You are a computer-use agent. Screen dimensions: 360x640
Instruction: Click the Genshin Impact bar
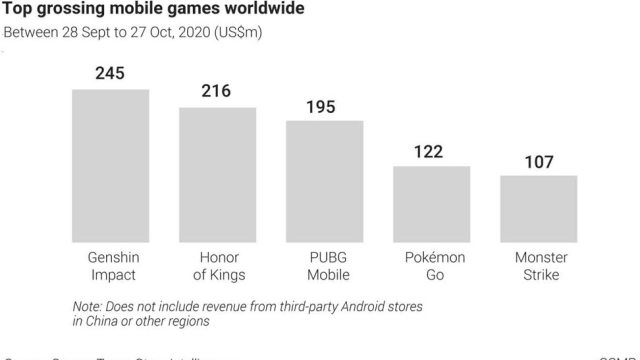[110, 166]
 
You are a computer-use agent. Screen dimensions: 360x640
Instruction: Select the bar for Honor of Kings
[217, 175]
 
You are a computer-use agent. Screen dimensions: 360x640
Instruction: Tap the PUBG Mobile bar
[324, 181]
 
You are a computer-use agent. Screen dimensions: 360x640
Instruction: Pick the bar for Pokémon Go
[431, 204]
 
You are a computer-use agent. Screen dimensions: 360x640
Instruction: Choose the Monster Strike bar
[538, 209]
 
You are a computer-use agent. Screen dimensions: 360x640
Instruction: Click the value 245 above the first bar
[110, 73]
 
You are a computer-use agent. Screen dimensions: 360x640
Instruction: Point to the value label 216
[216, 91]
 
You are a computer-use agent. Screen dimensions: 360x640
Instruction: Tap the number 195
[320, 106]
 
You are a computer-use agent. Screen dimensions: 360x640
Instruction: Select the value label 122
[428, 151]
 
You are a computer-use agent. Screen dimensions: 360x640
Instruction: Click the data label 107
[539, 162]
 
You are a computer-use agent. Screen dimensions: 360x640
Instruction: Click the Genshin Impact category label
[113, 266]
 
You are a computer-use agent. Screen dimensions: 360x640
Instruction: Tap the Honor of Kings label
[219, 266]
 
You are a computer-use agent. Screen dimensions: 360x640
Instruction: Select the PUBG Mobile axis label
[328, 266]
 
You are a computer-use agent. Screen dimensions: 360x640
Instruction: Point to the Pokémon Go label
[434, 266]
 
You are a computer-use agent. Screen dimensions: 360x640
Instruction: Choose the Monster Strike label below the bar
[541, 266]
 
